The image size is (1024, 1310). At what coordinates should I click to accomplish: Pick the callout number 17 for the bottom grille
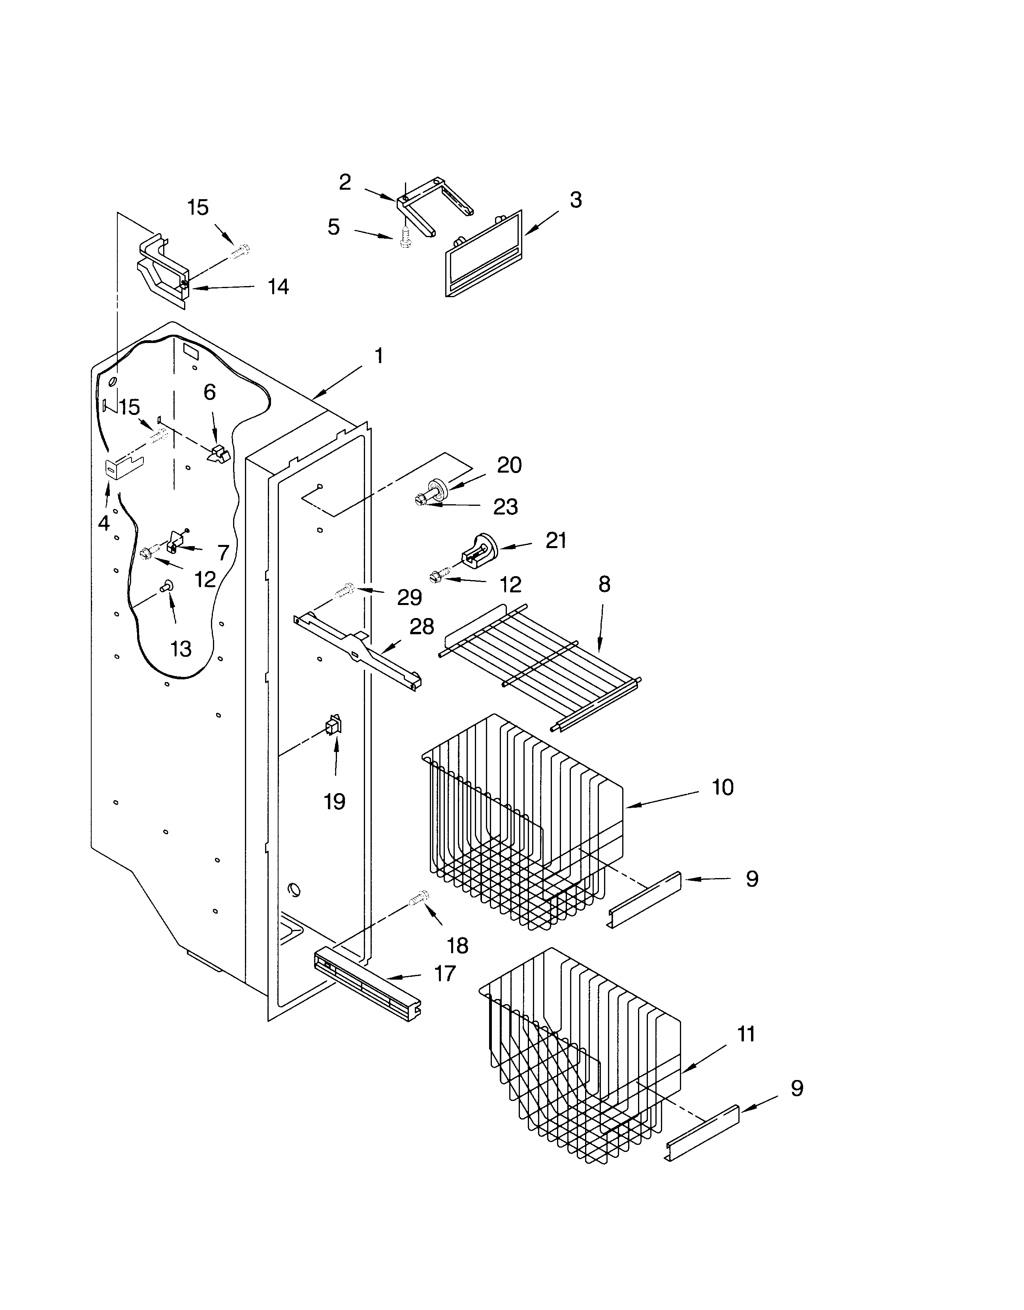point(445,973)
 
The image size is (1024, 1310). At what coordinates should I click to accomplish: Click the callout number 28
point(422,626)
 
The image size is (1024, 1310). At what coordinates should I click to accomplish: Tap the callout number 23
point(505,507)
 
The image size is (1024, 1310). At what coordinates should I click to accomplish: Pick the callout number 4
point(104,523)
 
